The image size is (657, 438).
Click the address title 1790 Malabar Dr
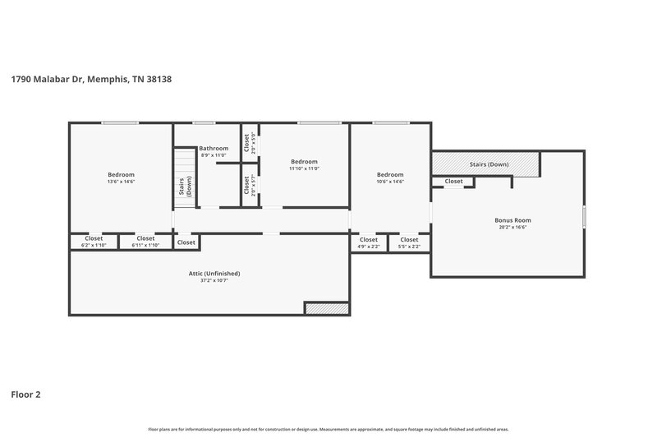point(90,80)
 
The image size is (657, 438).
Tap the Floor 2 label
point(25,394)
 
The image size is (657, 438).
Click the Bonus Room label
point(512,220)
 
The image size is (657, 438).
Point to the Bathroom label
point(213,148)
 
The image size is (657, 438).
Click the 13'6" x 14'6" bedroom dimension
point(121,182)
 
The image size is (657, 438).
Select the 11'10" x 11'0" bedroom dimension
point(304,168)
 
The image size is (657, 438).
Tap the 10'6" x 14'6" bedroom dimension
point(390,182)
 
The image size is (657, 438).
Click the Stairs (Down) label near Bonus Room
point(489,164)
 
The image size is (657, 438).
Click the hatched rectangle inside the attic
point(327,308)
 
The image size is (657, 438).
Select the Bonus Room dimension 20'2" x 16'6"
point(512,228)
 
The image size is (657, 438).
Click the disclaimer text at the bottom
point(328,429)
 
